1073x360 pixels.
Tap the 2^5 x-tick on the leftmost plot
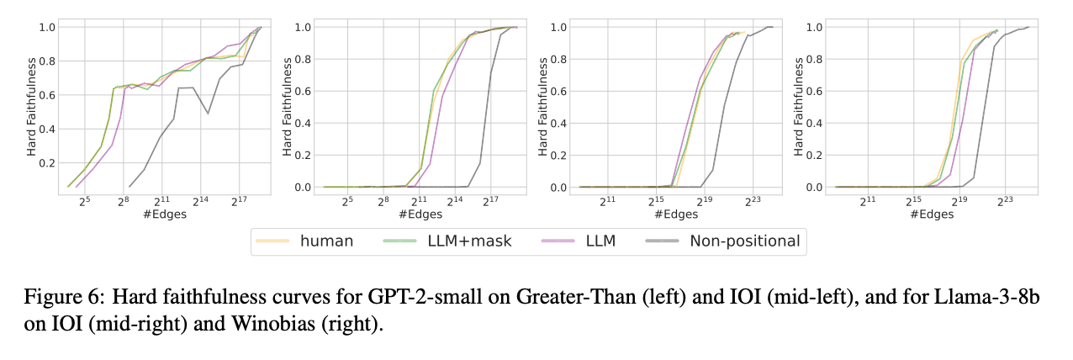pos(85,202)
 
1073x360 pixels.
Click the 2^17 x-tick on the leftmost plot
pos(238,202)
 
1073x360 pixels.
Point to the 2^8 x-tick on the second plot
pos(382,202)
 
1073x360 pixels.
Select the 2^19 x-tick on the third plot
pos(703,202)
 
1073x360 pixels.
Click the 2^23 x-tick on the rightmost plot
pos(1005,202)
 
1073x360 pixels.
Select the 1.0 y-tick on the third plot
pos(558,27)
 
